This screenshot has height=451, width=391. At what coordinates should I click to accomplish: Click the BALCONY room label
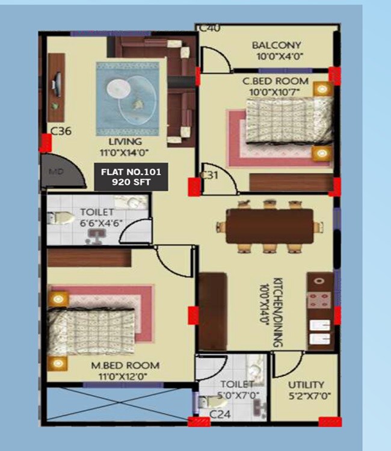(277, 46)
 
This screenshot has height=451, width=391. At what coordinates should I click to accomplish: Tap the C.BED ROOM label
(276, 81)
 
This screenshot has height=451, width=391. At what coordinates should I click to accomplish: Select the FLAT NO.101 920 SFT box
(131, 177)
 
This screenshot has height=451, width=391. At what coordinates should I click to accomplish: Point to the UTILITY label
(306, 384)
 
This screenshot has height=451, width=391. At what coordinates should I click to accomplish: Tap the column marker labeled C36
(61, 130)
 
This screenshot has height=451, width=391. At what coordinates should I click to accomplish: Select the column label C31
(209, 175)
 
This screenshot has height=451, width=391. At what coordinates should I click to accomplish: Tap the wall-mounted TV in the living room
(57, 84)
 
